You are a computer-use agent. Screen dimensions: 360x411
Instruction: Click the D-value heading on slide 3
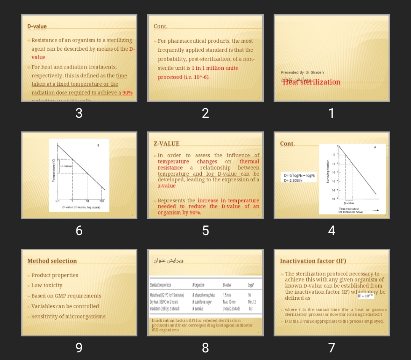point(37,26)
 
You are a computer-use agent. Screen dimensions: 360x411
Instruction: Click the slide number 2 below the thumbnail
point(205,113)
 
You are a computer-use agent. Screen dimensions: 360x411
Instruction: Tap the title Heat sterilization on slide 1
point(311,82)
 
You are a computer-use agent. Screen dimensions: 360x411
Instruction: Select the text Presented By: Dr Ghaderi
point(302,72)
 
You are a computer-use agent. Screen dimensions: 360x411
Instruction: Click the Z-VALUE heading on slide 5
point(166,144)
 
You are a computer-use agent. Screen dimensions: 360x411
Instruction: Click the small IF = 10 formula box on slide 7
point(366,296)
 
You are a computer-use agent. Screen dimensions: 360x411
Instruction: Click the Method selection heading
point(52,261)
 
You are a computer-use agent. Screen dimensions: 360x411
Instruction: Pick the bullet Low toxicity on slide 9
point(47,285)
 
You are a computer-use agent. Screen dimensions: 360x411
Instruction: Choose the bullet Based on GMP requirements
point(66,296)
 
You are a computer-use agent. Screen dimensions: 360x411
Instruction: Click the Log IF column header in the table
point(250,285)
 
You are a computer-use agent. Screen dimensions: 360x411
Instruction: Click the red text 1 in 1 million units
point(215,68)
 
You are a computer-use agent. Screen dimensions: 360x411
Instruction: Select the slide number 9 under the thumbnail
point(79,347)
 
